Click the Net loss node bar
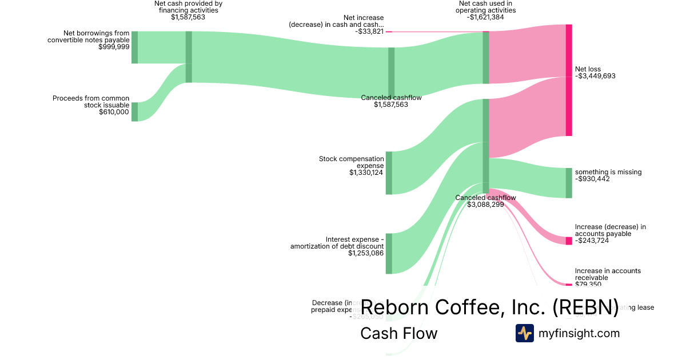click(x=569, y=80)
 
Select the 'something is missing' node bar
click(x=569, y=183)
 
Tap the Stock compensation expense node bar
click(x=389, y=173)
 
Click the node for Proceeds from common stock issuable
click(x=135, y=111)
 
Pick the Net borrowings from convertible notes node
click(x=135, y=47)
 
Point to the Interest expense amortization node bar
click(x=389, y=253)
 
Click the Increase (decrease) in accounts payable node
click(x=569, y=241)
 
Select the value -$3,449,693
click(x=595, y=76)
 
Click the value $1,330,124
click(x=366, y=172)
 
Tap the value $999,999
click(x=114, y=47)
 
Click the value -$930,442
click(x=592, y=179)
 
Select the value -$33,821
click(x=369, y=31)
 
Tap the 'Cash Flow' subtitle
click(x=398, y=333)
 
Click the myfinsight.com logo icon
click(x=524, y=333)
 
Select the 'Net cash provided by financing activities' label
click(x=188, y=7)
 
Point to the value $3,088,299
click(x=485, y=204)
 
